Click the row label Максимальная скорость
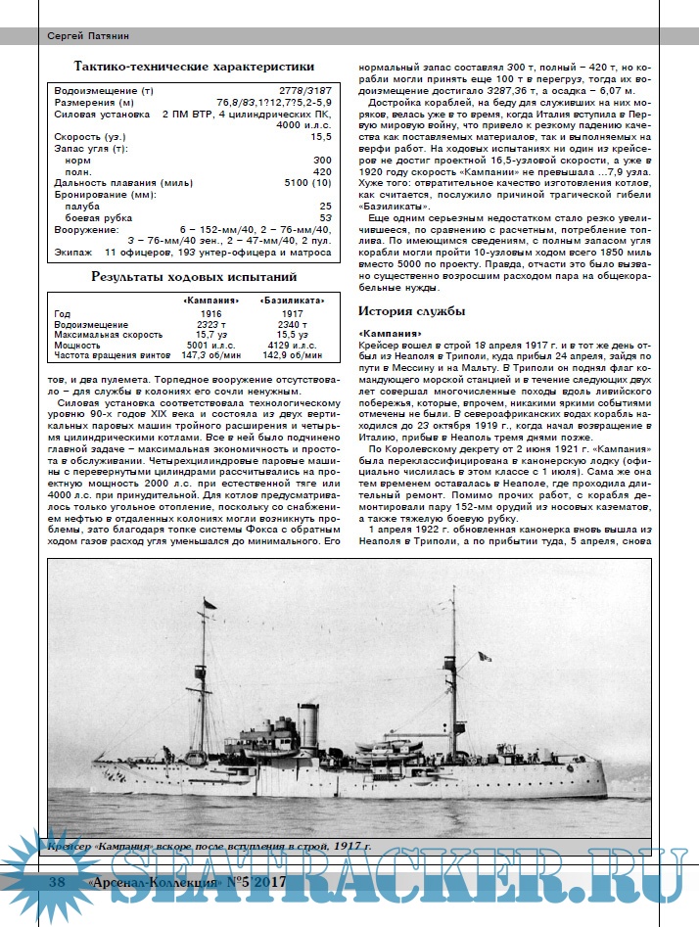click(103, 335)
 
